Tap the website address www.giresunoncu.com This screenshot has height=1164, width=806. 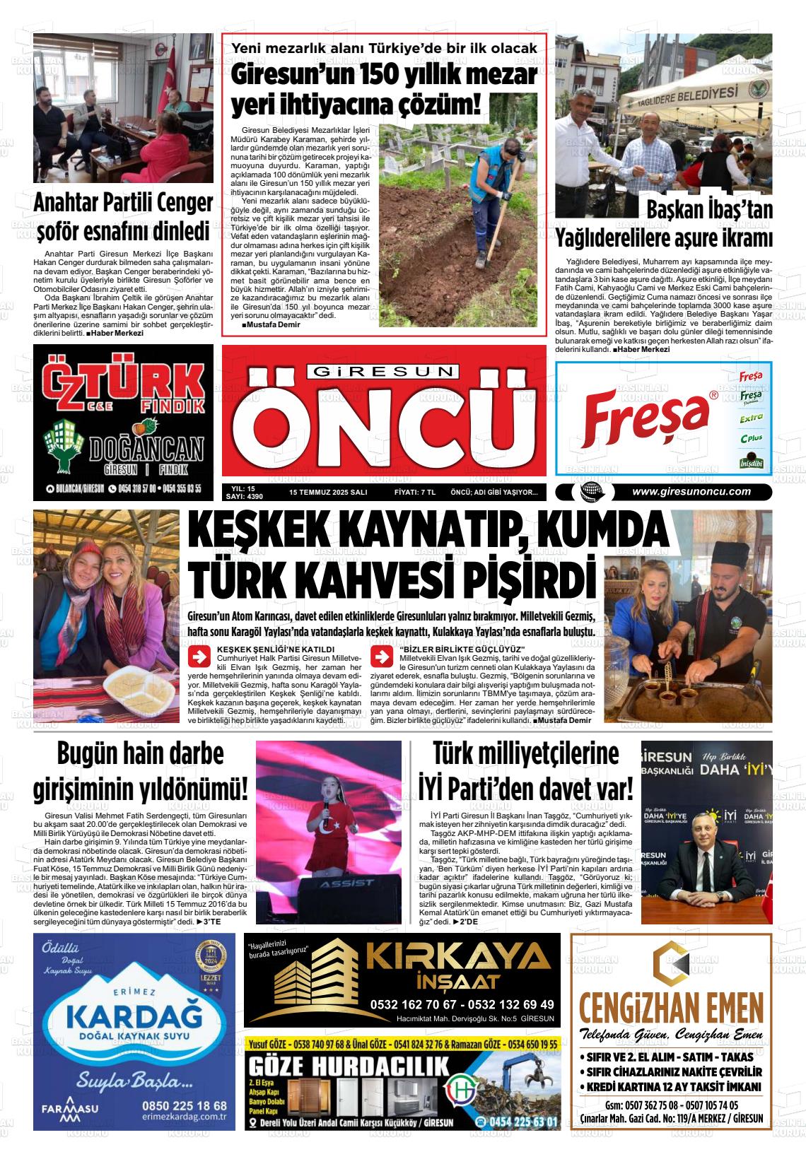point(691,492)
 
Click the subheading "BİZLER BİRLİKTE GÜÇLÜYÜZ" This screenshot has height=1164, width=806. point(462,649)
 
